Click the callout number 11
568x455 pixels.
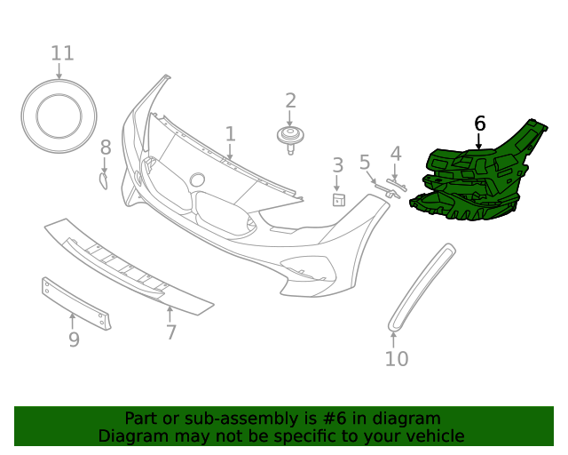pos(62,53)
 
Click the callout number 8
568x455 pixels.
pos(106,148)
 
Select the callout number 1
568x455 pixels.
pos(230,134)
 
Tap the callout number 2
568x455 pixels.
pos(290,100)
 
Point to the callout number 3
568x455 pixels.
pos(337,164)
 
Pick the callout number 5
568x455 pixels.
pos(365,162)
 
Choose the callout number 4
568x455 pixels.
pos(396,154)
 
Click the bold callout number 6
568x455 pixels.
pos(480,124)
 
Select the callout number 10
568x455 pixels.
pos(397,358)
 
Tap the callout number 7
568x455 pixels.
pos(171,332)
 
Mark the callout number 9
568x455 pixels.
pos(74,339)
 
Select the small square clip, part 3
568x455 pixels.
pos(338,199)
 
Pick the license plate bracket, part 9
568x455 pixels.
pos(76,302)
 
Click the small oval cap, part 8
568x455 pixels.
pos(103,181)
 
